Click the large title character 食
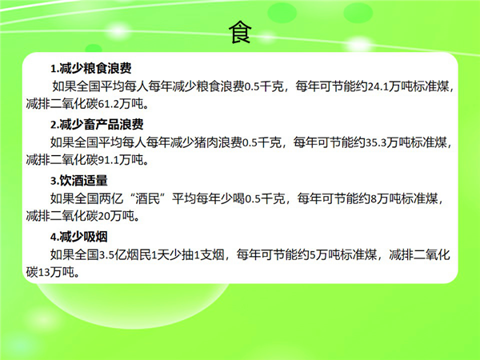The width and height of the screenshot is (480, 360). point(240,33)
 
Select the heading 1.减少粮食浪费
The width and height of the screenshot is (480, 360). point(91,68)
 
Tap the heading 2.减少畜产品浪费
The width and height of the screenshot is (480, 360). point(97,124)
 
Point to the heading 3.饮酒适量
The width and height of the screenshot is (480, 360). point(79,181)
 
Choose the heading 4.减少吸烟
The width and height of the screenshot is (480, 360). point(79,237)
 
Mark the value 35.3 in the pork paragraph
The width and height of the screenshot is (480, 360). point(376,143)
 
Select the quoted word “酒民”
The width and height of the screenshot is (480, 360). point(148,198)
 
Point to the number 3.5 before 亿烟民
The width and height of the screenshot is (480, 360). point(106,255)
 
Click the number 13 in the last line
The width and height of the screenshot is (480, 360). point(44,273)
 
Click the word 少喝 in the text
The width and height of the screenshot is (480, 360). point(233,198)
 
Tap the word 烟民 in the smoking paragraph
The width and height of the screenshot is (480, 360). point(138,254)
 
